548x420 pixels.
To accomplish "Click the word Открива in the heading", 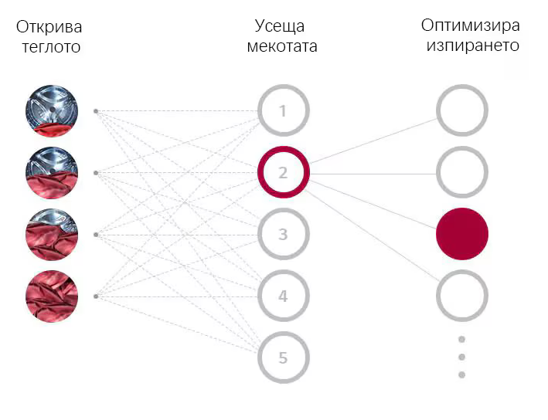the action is click(x=49, y=27).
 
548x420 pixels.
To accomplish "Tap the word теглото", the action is click(x=51, y=47).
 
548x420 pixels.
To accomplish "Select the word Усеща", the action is click(x=280, y=26).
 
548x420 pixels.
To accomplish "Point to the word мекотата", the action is click(x=282, y=46).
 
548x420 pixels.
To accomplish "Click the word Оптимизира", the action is click(x=471, y=25).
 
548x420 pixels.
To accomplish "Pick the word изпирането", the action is click(x=473, y=46).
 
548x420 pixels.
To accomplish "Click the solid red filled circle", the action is click(x=462, y=234).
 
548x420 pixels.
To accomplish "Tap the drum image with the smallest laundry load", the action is click(x=52, y=111).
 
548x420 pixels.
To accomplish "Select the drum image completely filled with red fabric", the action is click(x=52, y=296).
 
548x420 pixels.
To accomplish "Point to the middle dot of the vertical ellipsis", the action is click(x=461, y=357).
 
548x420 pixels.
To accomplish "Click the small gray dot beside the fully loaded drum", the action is click(x=96, y=296).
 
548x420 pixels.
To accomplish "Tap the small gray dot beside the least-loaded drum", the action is click(x=96, y=111).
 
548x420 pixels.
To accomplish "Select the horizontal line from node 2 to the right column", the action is click(x=373, y=174).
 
